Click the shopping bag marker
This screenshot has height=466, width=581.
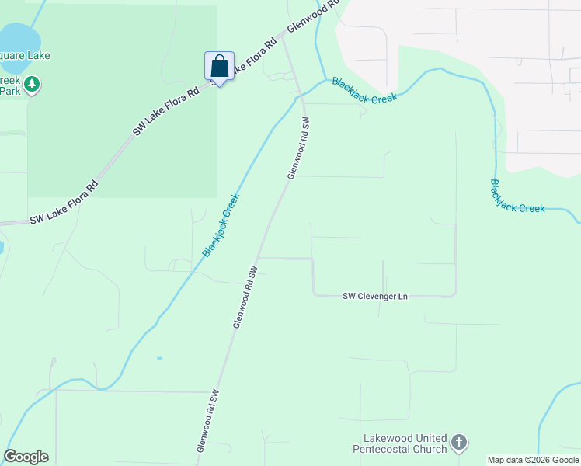[219, 67]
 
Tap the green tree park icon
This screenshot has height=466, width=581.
[32, 84]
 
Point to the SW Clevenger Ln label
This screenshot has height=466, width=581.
[376, 296]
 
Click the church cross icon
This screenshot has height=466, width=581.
[459, 443]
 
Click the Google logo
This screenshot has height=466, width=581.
[26, 457]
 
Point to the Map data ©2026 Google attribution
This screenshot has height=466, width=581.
[533, 460]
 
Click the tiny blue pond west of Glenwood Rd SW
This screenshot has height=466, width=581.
[159, 358]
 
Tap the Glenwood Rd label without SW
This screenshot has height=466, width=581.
[315, 16]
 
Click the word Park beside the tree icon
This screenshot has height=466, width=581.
[10, 91]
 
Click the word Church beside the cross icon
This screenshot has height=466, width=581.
[432, 449]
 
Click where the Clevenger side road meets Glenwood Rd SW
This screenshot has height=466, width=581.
[258, 258]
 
